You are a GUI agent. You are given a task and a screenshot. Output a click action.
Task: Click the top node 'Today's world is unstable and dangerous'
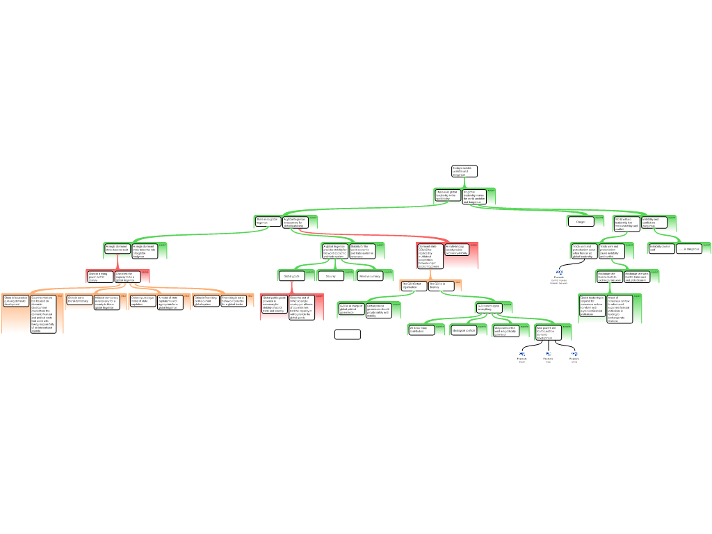464,171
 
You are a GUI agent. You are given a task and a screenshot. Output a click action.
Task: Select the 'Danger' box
581,222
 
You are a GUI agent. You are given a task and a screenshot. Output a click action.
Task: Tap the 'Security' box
330,276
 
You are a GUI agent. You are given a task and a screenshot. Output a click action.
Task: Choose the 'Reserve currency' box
370,276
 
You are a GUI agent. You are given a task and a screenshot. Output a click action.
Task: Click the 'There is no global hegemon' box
268,222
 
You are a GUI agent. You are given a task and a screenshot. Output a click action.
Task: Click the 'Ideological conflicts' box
464,330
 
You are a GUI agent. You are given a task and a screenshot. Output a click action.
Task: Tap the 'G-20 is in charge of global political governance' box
351,309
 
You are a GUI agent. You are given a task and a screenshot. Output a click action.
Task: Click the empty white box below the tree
348,334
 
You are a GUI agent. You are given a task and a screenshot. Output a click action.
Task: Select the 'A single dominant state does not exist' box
117,249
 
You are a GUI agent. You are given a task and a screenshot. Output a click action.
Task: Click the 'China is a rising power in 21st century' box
99,276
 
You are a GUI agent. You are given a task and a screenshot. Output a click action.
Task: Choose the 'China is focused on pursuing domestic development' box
15,301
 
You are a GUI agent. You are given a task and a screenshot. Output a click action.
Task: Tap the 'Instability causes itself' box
661,248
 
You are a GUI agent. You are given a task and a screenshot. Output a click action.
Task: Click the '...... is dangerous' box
689,248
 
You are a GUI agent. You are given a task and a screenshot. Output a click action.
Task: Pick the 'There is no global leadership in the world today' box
448,195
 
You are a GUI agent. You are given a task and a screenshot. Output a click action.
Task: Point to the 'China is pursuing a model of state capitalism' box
143,301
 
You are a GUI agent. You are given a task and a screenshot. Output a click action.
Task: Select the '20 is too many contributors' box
421,330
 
